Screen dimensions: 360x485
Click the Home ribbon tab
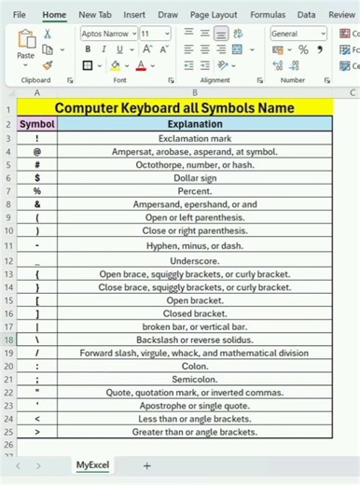54,15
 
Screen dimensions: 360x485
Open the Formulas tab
268,15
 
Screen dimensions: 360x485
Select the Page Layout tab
213,15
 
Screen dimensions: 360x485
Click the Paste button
26,47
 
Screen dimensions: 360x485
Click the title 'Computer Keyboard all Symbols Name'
194,108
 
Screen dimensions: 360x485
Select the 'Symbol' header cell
37,124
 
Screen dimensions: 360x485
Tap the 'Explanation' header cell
194,124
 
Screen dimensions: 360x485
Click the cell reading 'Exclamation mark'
194,138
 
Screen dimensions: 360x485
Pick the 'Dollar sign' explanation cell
194,177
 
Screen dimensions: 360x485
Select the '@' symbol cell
37,151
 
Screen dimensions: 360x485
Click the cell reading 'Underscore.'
194,261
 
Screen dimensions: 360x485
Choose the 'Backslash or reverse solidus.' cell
194,340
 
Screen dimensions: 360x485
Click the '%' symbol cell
37,190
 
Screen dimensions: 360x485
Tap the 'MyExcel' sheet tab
91,464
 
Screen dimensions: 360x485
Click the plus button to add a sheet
146,464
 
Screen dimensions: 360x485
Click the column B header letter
194,92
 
